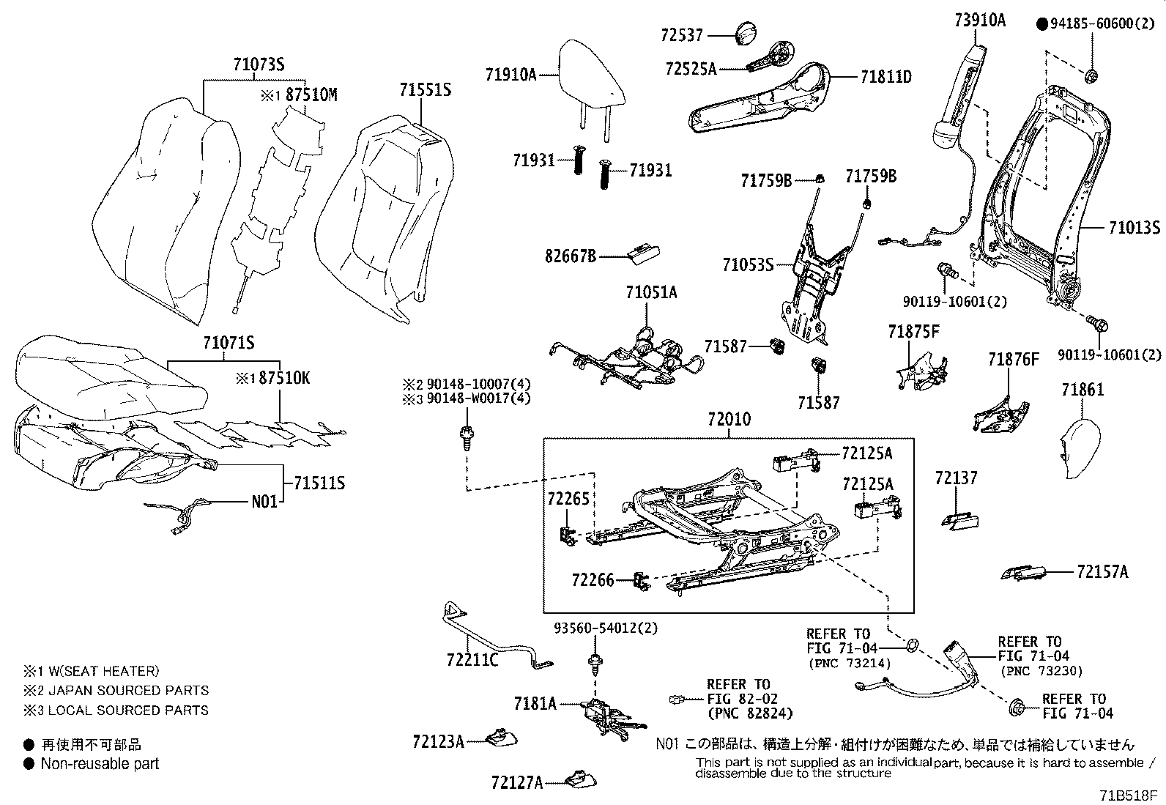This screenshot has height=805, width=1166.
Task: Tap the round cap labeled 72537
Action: point(744,34)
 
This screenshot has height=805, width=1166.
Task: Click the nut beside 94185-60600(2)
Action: point(1091,75)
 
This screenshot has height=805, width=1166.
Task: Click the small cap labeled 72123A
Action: point(501,738)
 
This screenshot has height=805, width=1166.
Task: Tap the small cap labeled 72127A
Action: point(579,778)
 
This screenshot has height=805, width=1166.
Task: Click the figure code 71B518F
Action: point(1127,794)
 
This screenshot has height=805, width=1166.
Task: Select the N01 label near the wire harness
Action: point(264,502)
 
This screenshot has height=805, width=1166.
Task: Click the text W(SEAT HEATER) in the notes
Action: point(99,670)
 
